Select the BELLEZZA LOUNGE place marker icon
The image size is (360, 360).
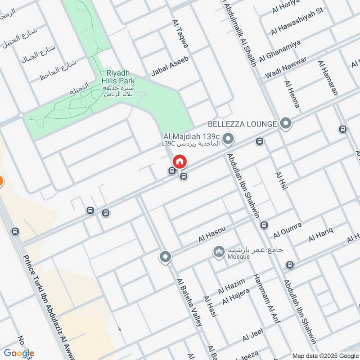coord(285,123)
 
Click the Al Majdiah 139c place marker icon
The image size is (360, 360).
coord(228,139)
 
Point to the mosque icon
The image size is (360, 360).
coord(219,252)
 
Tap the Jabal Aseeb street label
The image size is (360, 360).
coord(170,66)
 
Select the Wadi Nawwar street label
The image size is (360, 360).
coord(286,67)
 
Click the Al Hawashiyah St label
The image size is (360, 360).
coord(297,27)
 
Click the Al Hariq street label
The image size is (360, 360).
coord(320,234)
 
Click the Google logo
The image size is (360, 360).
coord(18,354)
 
